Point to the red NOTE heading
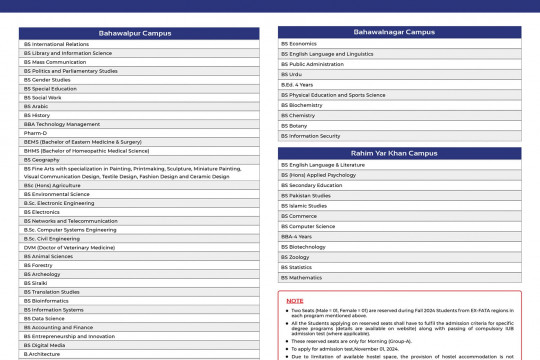[x=295, y=300]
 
